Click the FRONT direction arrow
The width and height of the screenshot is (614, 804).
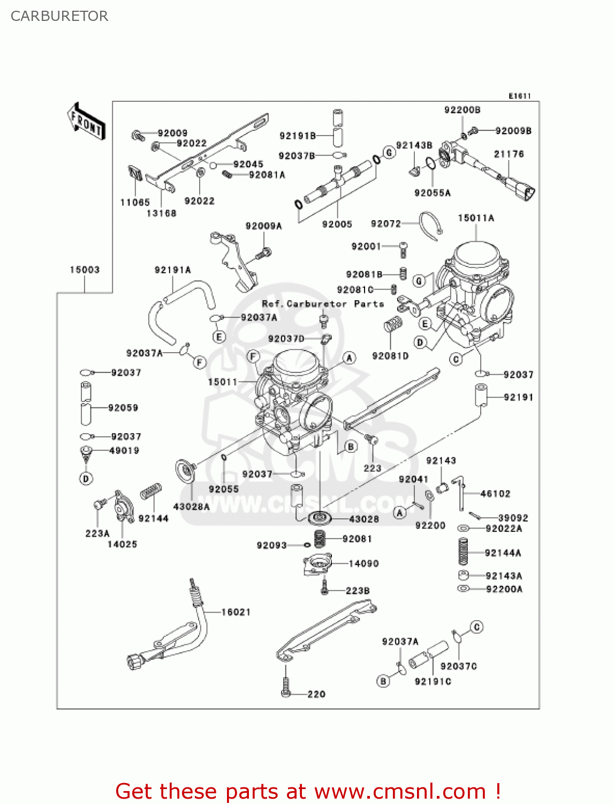pyautogui.click(x=86, y=122)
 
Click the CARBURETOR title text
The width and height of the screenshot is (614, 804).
pyautogui.click(x=59, y=16)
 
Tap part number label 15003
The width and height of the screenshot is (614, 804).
pyautogui.click(x=85, y=270)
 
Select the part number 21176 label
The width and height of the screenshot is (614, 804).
pyautogui.click(x=509, y=154)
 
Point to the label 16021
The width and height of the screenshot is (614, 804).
pyautogui.click(x=236, y=612)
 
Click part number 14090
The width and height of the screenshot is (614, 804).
pyautogui.click(x=363, y=563)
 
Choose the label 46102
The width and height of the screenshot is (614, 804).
pyautogui.click(x=495, y=494)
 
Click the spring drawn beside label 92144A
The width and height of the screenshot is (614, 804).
pyautogui.click(x=464, y=552)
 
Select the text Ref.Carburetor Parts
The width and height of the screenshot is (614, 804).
pyautogui.click(x=323, y=304)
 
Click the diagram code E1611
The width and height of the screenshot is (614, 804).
pyautogui.click(x=519, y=96)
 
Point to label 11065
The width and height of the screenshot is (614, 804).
pyautogui.click(x=135, y=202)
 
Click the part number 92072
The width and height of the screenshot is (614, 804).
pyautogui.click(x=385, y=224)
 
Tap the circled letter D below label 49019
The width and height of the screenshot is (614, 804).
pyautogui.click(x=86, y=478)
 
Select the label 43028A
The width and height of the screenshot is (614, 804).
pyautogui.click(x=191, y=506)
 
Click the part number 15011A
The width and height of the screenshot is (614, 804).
pyautogui.click(x=475, y=218)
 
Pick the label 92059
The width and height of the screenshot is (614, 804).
pyautogui.click(x=123, y=408)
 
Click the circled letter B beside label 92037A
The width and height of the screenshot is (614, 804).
pyautogui.click(x=383, y=681)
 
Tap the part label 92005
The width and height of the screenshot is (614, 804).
pyautogui.click(x=337, y=224)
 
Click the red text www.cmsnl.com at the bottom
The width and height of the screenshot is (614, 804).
pyautogui.click(x=400, y=791)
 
